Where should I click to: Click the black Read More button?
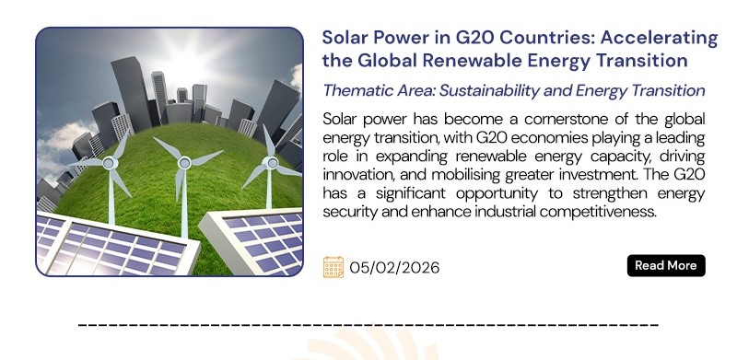click(x=666, y=265)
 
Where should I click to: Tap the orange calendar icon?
click(x=333, y=267)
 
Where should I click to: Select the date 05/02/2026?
click(x=394, y=267)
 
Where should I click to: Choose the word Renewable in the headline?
click(x=472, y=61)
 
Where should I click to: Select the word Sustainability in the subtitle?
click(x=489, y=91)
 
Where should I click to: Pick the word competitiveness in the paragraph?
click(x=597, y=212)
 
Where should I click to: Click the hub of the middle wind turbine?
click(x=184, y=163)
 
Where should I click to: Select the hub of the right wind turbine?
click(x=270, y=163)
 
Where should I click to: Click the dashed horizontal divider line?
click(x=368, y=325)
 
